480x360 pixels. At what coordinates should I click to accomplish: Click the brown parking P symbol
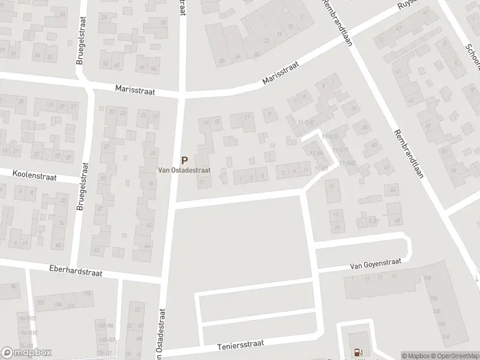pos(185,160)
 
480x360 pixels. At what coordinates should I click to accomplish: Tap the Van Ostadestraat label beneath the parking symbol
pos(184,170)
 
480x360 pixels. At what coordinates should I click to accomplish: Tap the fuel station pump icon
pos(359,353)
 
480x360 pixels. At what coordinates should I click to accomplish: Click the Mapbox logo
pos(26,353)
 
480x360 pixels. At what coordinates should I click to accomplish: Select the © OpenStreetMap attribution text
pos(454,356)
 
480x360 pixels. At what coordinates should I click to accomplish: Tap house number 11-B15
pos(329,137)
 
